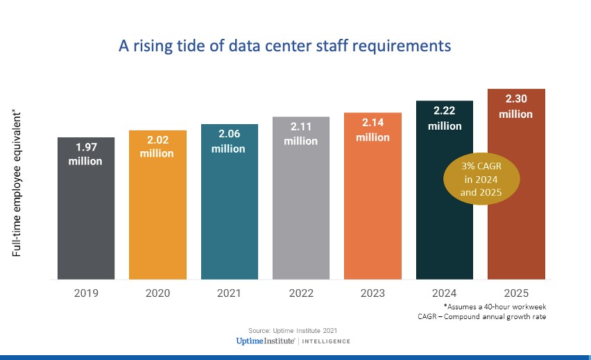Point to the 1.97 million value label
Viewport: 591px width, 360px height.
tap(86, 154)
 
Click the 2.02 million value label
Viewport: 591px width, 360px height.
tap(157, 146)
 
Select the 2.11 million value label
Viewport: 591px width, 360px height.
tap(301, 134)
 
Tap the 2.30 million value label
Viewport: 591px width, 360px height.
tap(516, 107)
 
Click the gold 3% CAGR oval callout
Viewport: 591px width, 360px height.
tap(478, 179)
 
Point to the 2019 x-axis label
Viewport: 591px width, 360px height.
tap(86, 293)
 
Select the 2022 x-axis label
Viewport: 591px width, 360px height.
tap(301, 293)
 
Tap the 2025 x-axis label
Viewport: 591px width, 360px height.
tap(516, 293)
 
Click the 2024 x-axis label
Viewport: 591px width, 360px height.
tap(445, 293)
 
